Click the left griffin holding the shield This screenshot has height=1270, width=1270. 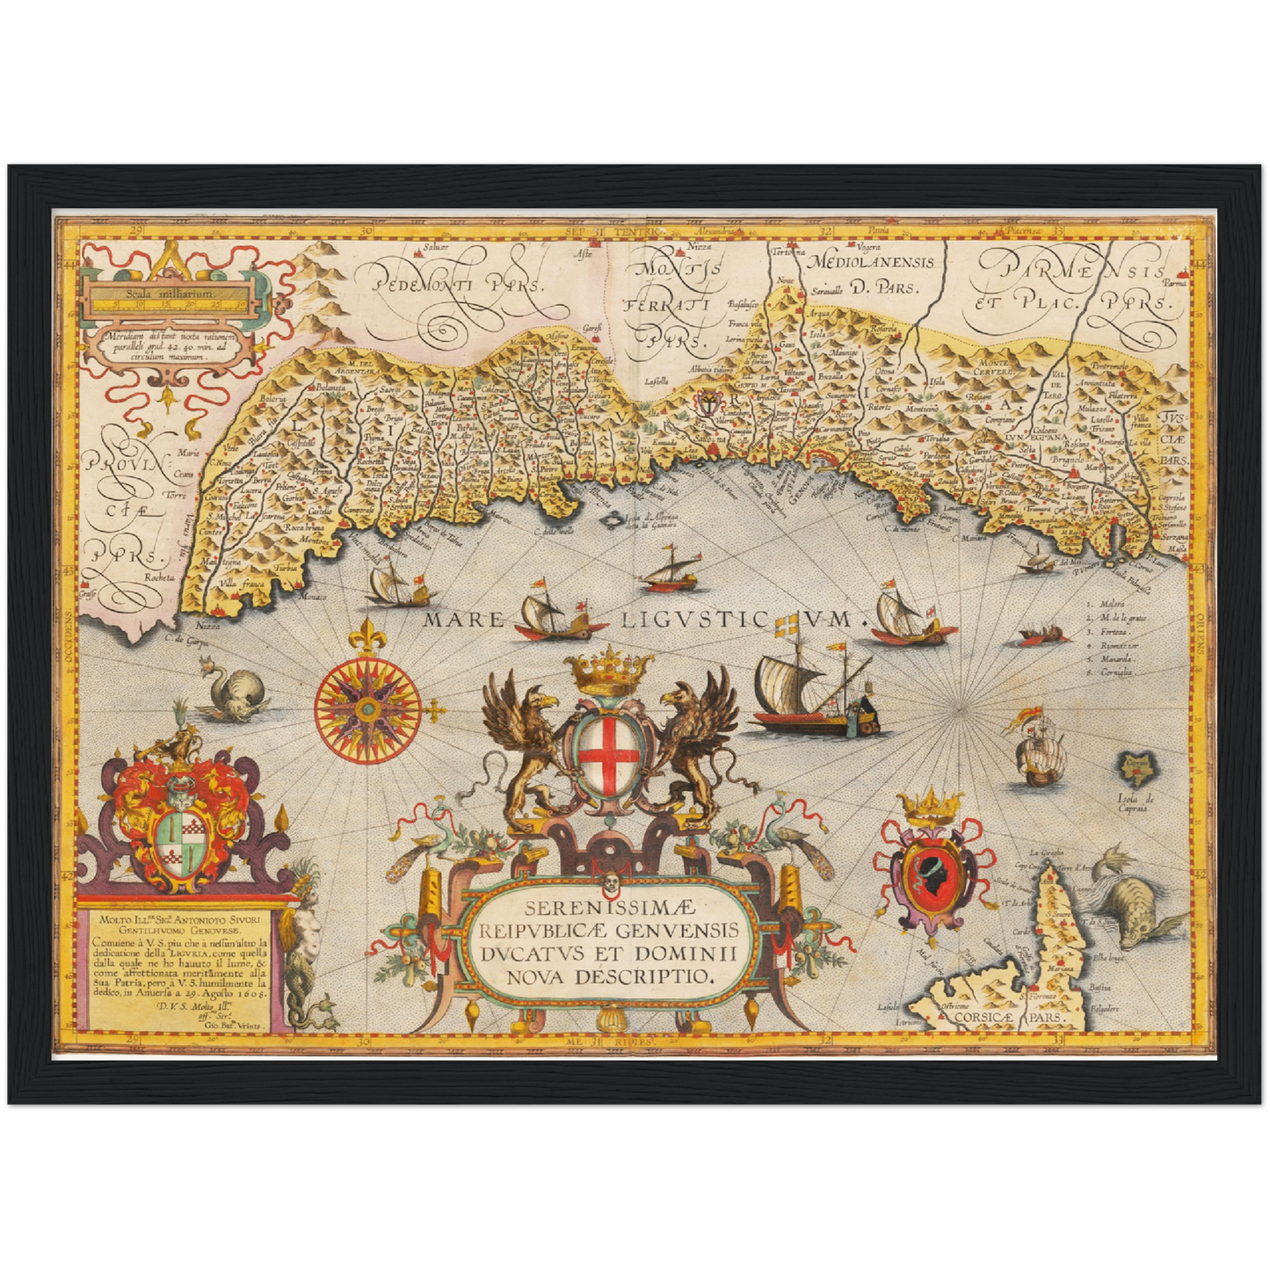523,747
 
